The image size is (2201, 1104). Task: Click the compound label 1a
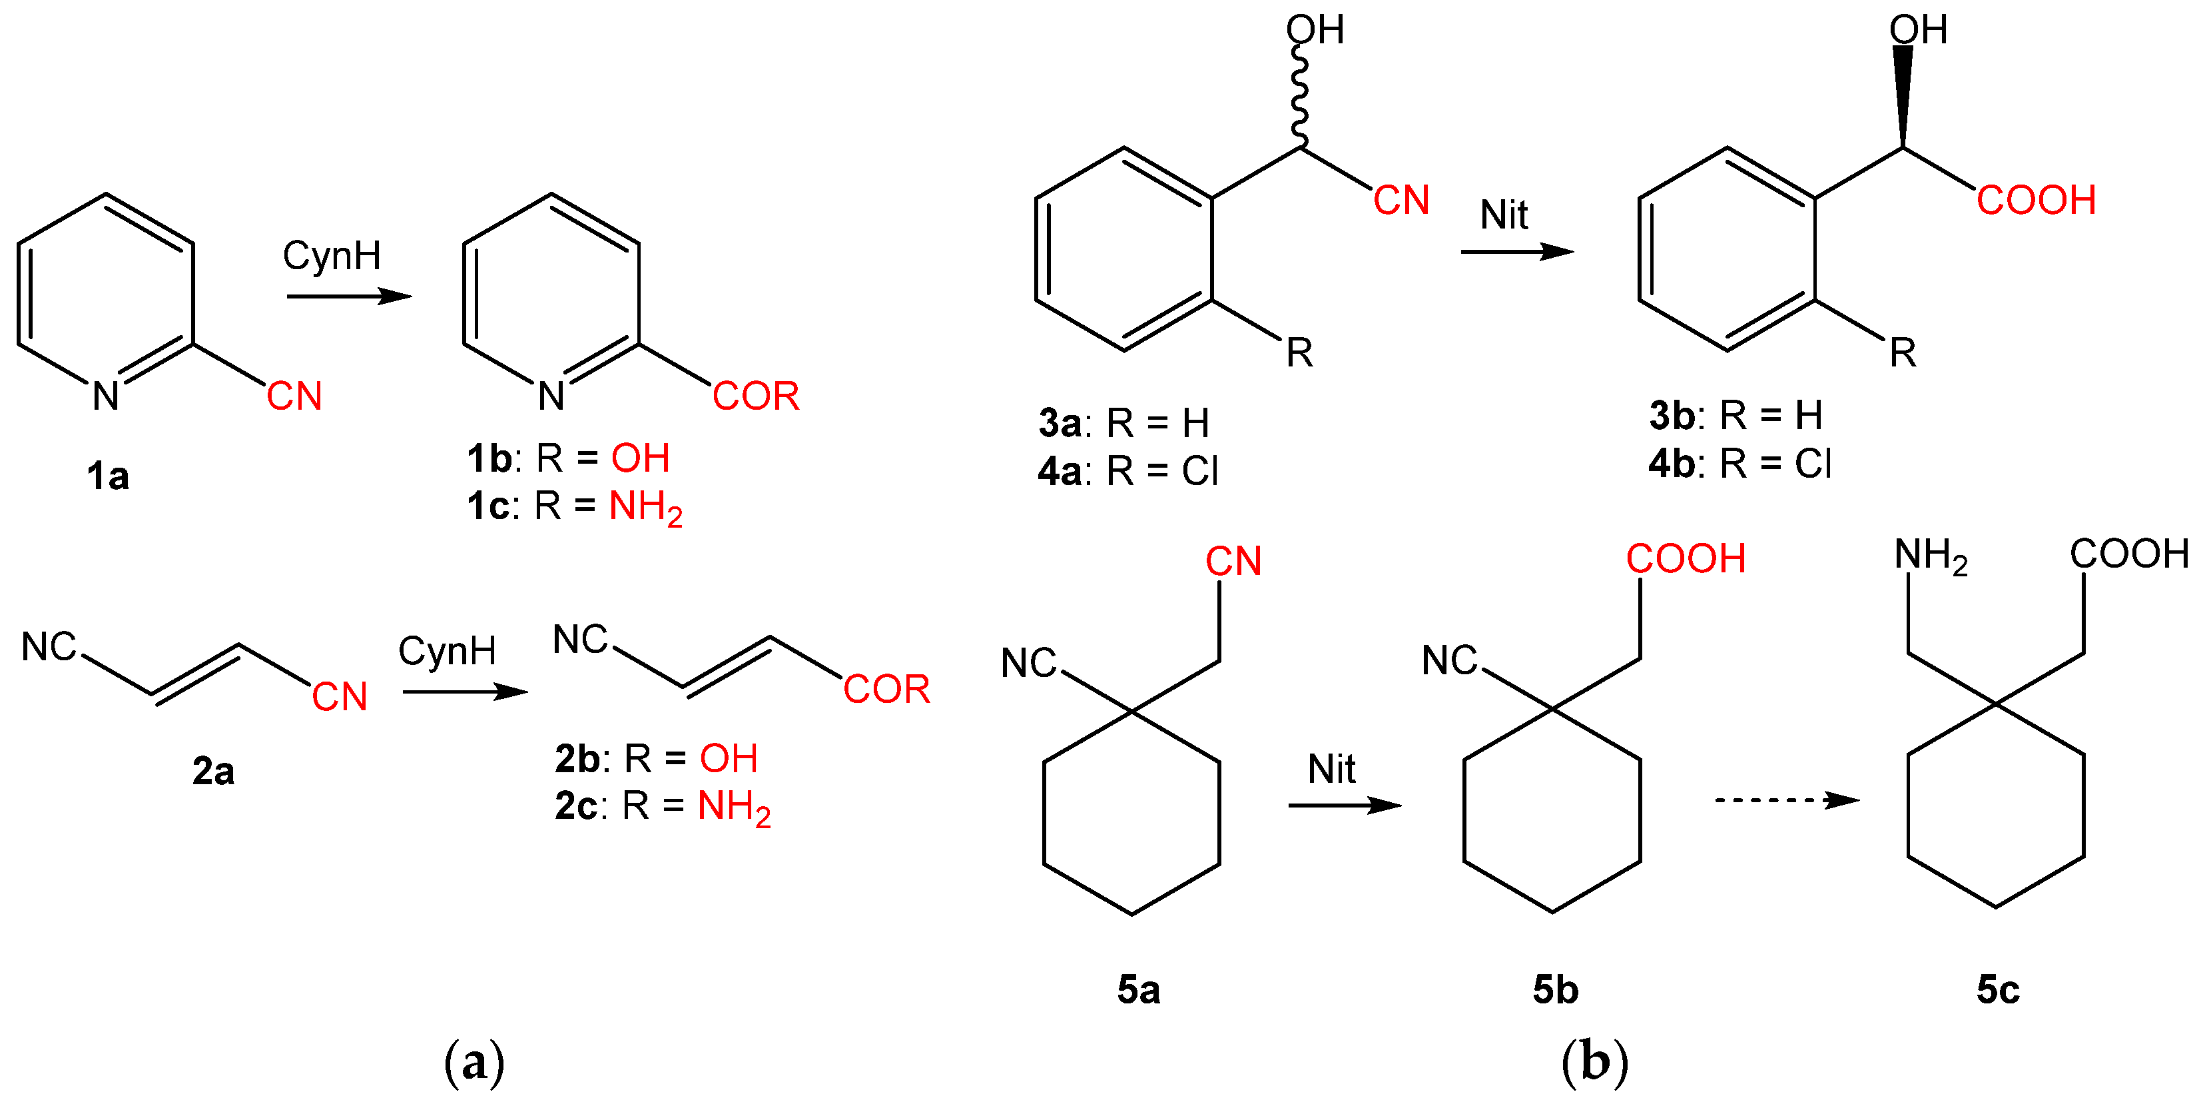(x=108, y=476)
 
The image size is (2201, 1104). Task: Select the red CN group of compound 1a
(x=294, y=396)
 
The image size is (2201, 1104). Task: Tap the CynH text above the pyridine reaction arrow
(x=332, y=255)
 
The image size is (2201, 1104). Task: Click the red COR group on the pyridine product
(x=755, y=396)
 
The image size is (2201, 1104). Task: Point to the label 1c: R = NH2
(x=574, y=508)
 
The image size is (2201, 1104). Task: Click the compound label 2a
(x=212, y=772)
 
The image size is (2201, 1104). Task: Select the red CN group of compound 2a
(x=339, y=696)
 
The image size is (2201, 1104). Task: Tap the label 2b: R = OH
(x=655, y=759)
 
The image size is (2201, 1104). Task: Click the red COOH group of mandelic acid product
(x=2036, y=201)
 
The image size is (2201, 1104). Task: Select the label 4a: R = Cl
(x=1128, y=471)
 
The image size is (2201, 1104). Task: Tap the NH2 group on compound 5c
(x=1930, y=556)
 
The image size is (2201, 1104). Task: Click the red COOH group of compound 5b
(x=1685, y=559)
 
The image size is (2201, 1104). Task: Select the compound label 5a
(x=1138, y=989)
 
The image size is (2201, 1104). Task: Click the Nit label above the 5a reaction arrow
(x=1331, y=769)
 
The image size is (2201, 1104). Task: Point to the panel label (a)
(x=474, y=1062)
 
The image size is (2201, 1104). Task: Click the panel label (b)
(x=1594, y=1062)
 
